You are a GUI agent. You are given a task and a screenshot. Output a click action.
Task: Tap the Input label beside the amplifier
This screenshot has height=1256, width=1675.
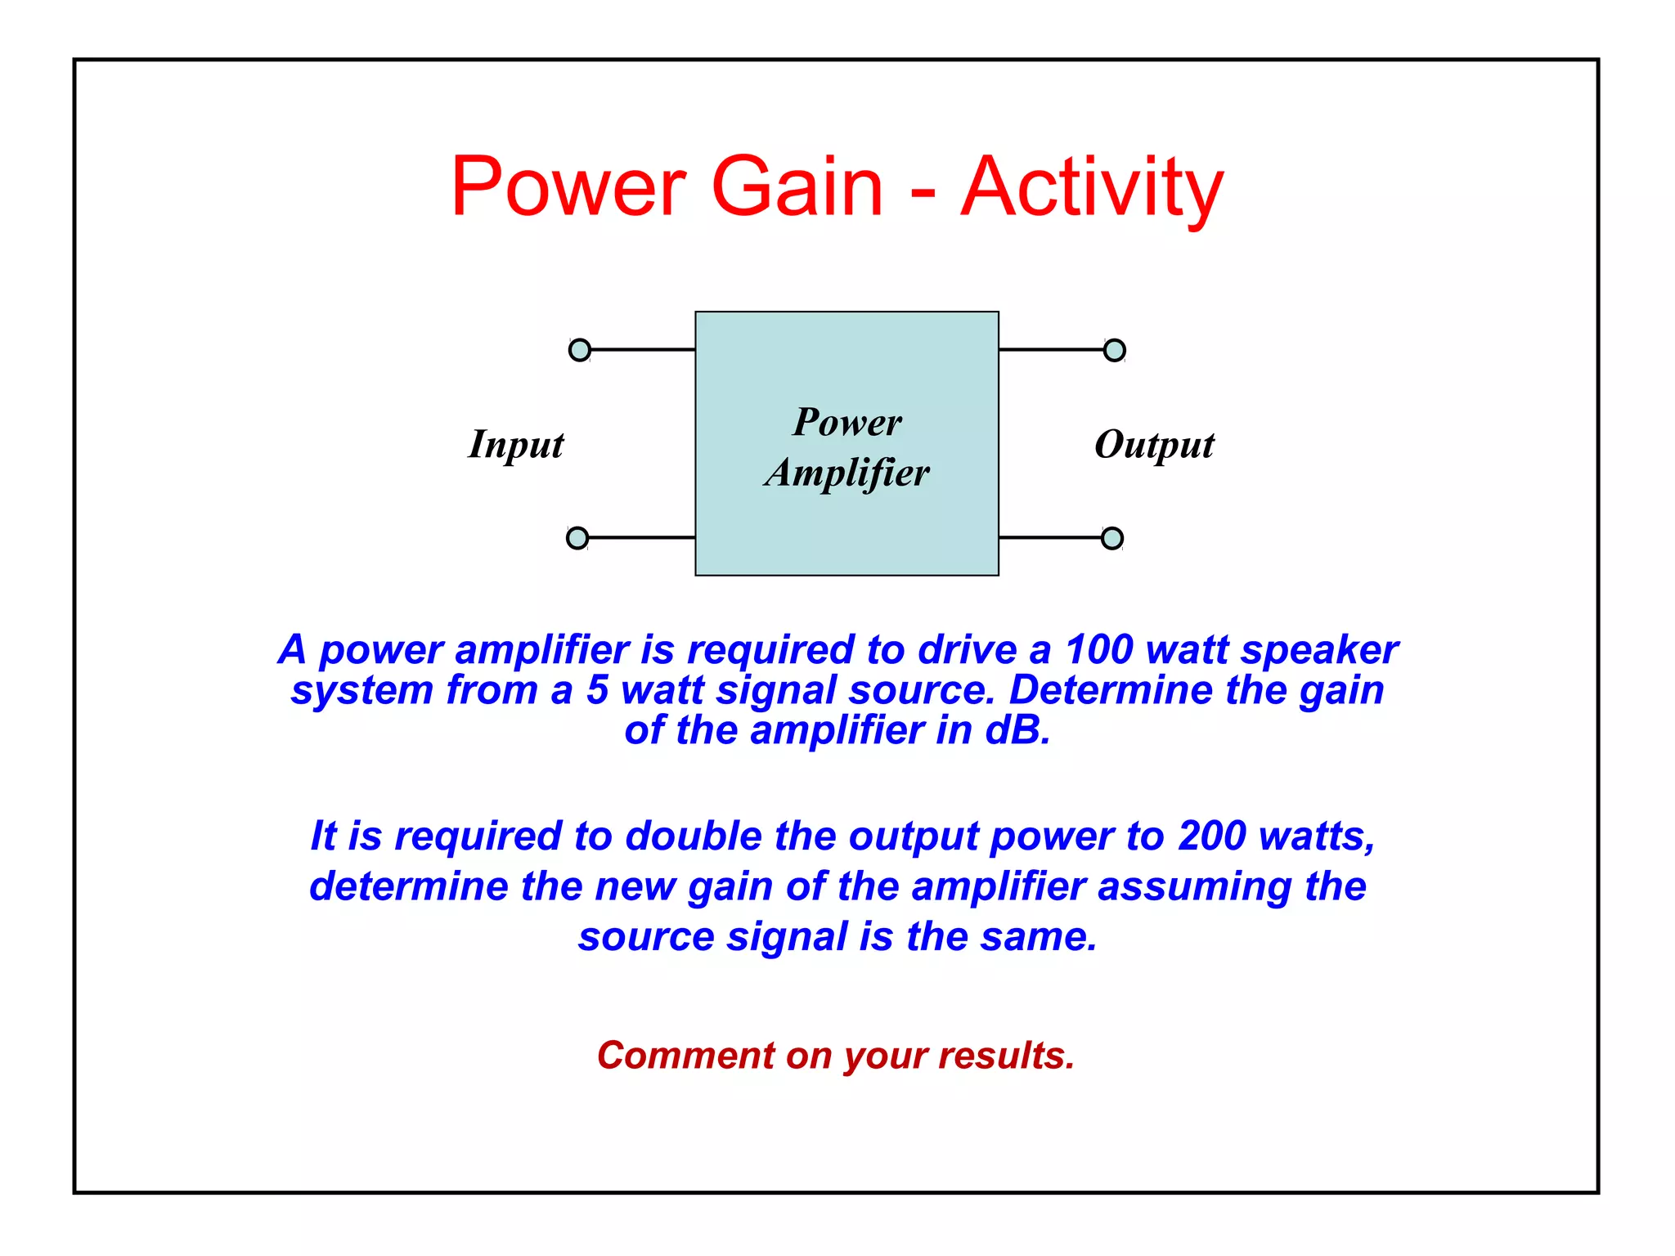tap(516, 446)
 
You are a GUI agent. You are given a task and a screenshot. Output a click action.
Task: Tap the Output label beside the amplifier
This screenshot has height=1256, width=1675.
tap(1154, 446)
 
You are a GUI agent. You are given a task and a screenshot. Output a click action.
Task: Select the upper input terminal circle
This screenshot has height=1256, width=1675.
tap(580, 350)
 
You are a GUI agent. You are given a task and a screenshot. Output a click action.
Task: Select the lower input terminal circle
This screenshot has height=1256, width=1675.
tap(577, 538)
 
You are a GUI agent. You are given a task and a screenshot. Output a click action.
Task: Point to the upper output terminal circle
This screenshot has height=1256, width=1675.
tap(1114, 350)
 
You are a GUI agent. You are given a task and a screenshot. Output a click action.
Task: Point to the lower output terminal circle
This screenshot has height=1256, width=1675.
tap(1112, 538)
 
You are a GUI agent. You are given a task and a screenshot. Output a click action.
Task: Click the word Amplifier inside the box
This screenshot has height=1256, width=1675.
tap(847, 473)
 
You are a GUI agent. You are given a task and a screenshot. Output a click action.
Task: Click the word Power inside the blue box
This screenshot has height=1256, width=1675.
tap(847, 423)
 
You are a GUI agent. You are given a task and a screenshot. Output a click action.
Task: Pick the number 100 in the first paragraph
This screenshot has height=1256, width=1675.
tap(1098, 650)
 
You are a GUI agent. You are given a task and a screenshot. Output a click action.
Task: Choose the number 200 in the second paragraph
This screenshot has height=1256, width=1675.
tap(1213, 836)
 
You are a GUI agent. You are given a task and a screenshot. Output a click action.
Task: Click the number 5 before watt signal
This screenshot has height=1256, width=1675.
tap(598, 690)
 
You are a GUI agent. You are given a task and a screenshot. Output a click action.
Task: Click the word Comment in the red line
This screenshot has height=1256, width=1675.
tap(685, 1056)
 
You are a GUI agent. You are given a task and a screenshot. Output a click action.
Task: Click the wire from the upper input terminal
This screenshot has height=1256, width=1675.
tap(643, 350)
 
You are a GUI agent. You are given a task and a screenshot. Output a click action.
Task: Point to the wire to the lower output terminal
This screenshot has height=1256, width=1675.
tap(1051, 538)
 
